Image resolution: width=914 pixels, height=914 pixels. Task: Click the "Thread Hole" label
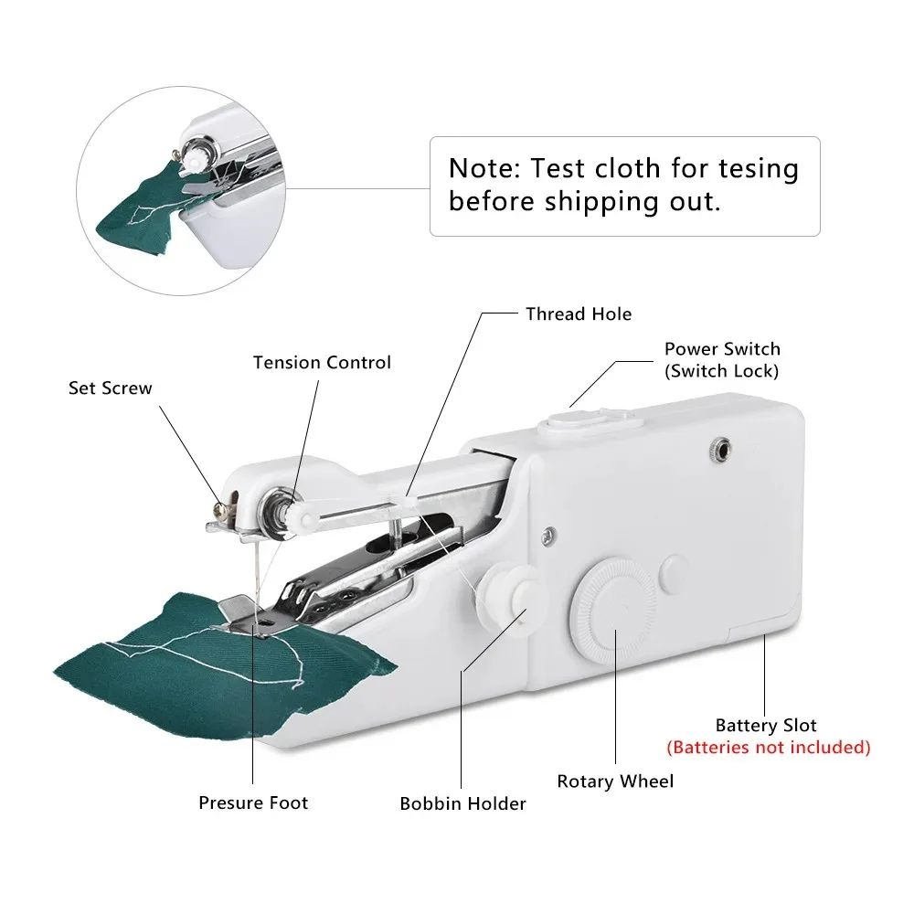pos(578,314)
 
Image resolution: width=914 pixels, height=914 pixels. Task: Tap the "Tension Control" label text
pos(322,363)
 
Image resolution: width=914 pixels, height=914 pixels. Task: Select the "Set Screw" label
pos(111,388)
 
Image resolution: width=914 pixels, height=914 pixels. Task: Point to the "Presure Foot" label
pos(253,803)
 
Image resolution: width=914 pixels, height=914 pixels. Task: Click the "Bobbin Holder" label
pos(462,804)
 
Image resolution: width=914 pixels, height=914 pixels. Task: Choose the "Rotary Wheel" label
pos(615,781)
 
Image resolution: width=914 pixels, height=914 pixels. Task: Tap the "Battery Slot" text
pos(766,726)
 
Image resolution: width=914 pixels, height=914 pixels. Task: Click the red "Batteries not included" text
pos(768,748)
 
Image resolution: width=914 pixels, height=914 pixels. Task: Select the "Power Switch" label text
pos(722,349)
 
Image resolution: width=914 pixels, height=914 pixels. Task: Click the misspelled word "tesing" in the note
pos(752,169)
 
